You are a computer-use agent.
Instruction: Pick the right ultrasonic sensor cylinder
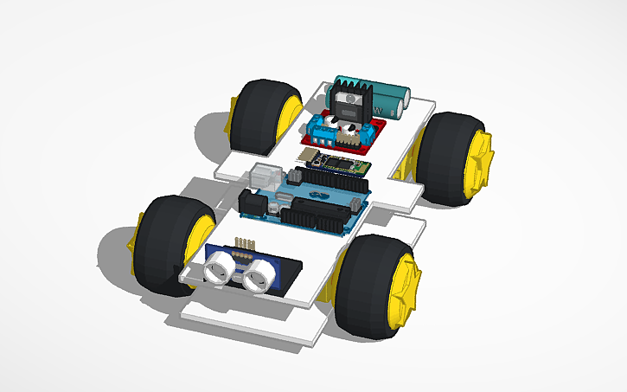257,278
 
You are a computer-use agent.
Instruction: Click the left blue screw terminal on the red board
323,130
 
